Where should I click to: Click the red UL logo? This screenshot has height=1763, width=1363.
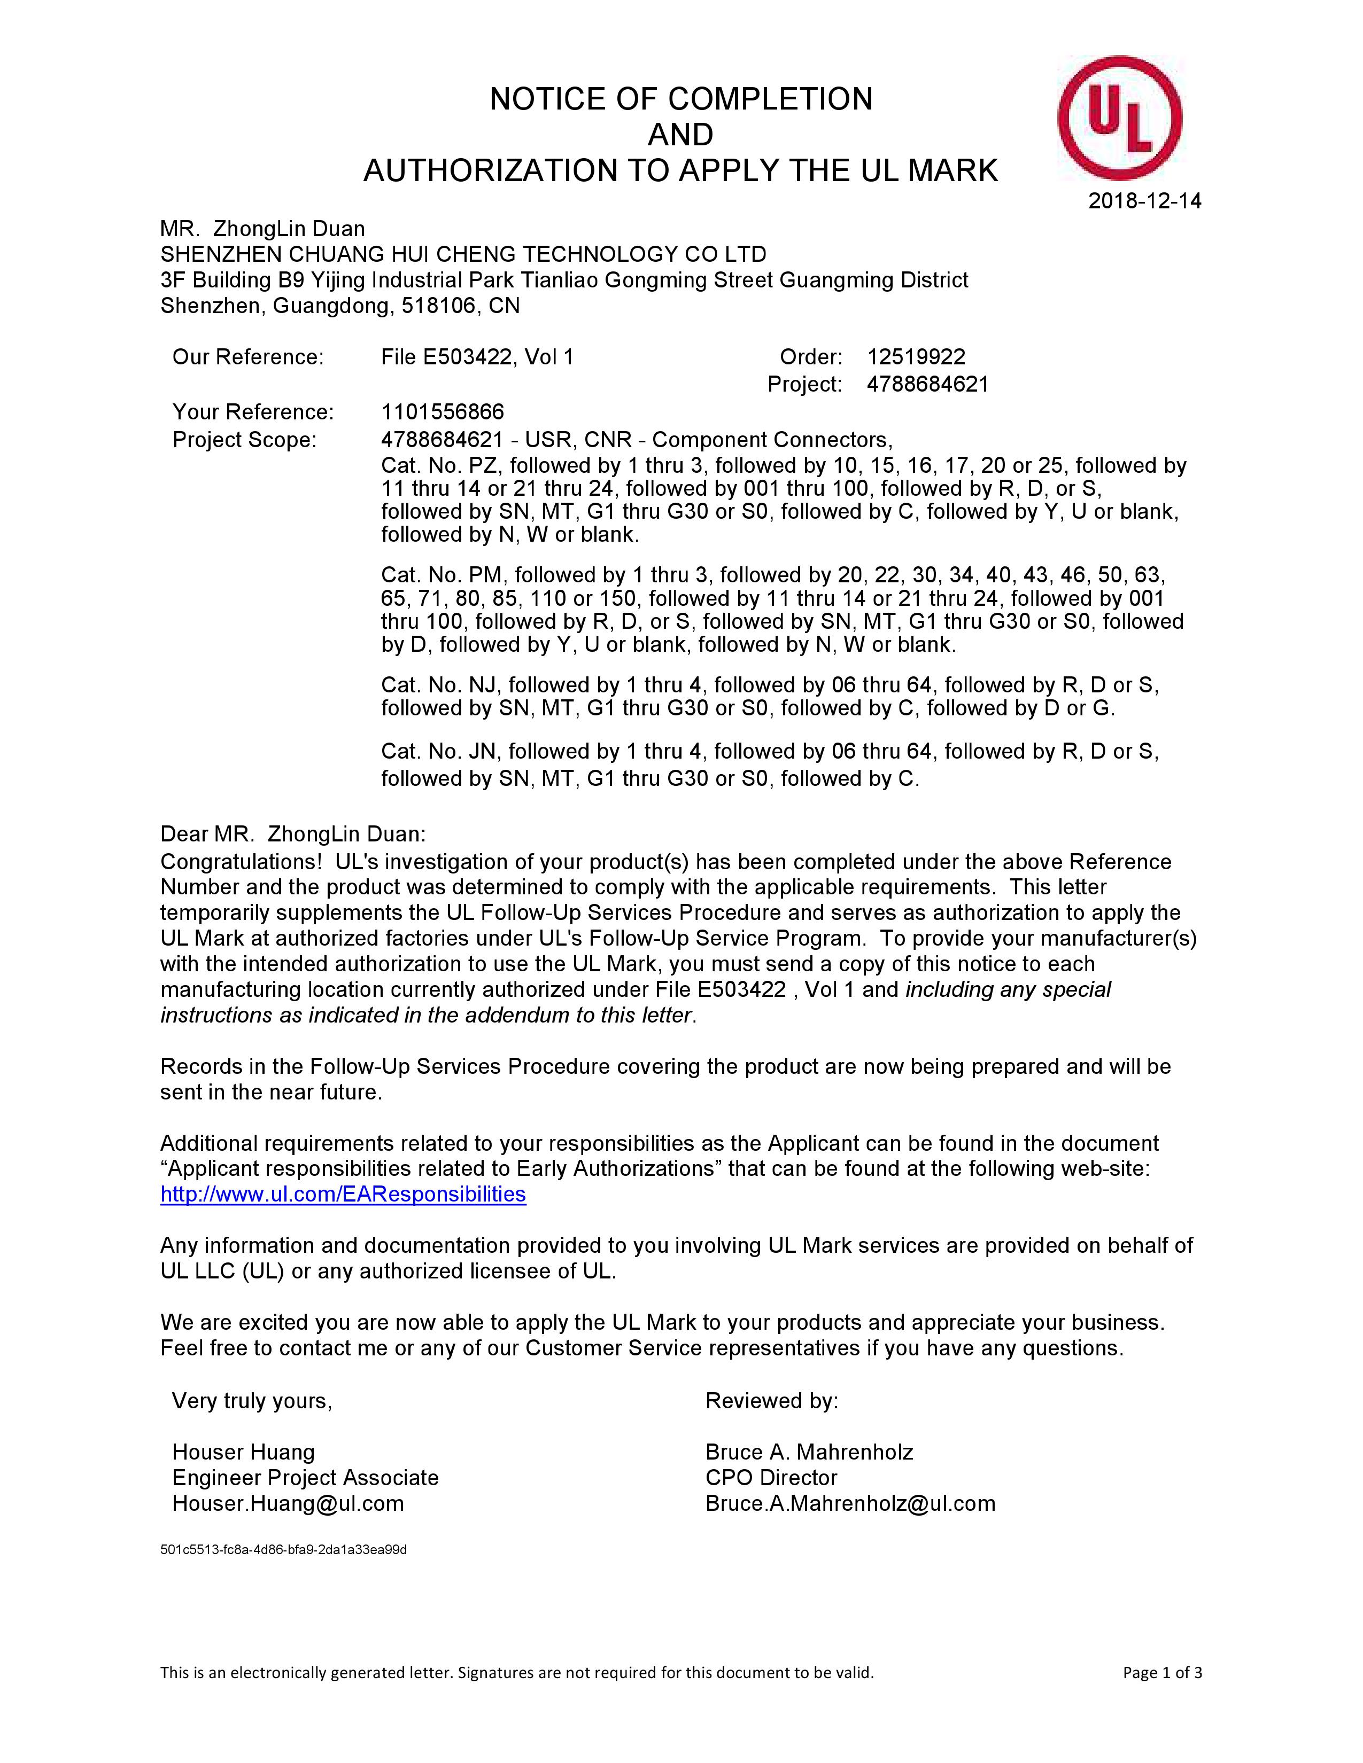click(x=1119, y=119)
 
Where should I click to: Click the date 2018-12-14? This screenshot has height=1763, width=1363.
click(x=1144, y=201)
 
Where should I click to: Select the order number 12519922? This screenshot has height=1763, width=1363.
click(x=916, y=357)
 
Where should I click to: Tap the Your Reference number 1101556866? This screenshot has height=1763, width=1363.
click(x=443, y=412)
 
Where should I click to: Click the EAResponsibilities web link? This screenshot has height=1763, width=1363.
click(x=343, y=1194)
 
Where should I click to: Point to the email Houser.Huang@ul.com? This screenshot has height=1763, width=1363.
click(x=288, y=1502)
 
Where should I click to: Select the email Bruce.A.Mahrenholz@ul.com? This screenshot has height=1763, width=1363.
click(x=849, y=1502)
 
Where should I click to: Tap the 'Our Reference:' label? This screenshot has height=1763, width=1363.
click(x=248, y=357)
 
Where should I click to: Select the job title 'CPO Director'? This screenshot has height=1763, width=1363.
click(x=771, y=1477)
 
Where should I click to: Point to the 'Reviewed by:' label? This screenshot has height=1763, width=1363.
click(x=772, y=1401)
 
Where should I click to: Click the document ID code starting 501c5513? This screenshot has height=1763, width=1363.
click(x=283, y=1549)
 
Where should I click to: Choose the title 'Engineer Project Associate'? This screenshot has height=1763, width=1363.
click(x=305, y=1477)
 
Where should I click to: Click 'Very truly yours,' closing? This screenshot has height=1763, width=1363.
click(x=252, y=1401)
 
